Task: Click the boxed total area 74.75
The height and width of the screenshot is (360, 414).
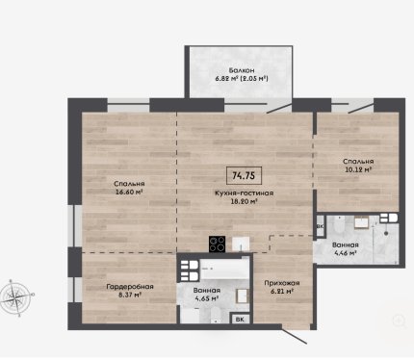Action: coord(244,175)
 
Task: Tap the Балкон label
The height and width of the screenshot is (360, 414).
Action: coord(242,70)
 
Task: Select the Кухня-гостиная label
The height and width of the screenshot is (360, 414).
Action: coord(244,193)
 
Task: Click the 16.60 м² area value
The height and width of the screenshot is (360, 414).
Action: coord(129,192)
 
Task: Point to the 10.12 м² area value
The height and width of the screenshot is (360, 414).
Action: coord(358,169)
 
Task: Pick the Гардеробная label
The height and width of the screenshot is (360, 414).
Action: coord(130,287)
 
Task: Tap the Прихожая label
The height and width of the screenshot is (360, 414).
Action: coord(282,283)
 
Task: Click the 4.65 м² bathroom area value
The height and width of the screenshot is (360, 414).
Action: coord(207,298)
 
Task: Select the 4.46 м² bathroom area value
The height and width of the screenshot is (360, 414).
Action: coord(346,253)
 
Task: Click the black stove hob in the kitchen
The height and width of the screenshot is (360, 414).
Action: coord(217,244)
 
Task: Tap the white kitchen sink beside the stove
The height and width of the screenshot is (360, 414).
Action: coord(241,244)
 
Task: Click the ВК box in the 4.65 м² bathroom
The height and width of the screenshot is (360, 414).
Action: coord(240,320)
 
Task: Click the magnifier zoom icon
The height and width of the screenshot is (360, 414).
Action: coord(399,321)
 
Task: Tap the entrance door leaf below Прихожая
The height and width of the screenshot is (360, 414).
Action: coord(295,335)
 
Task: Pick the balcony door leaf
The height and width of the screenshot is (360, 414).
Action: coord(279,107)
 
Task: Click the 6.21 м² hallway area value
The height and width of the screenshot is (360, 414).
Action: coord(282,292)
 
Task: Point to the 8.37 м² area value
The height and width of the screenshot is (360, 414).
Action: coord(130,295)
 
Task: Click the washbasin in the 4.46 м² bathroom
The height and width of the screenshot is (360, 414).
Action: coord(361,222)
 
